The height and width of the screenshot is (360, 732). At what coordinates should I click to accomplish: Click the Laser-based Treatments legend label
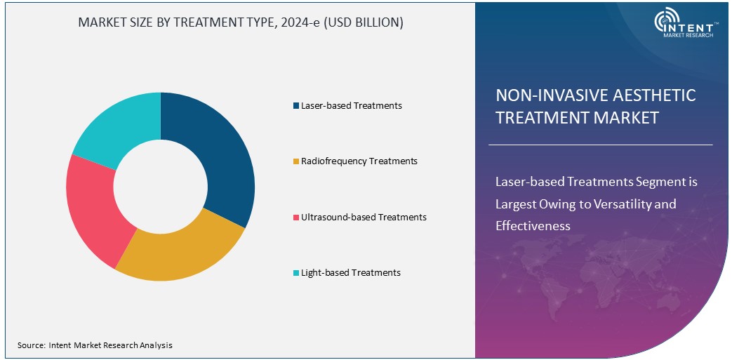[351, 105]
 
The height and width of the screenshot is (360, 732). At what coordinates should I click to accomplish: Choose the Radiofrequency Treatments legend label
[359, 161]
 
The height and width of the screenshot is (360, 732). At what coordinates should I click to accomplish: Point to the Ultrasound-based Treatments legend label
[364, 217]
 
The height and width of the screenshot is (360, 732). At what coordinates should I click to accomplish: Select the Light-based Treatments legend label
[350, 272]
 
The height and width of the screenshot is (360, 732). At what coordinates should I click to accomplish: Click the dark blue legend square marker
[296, 106]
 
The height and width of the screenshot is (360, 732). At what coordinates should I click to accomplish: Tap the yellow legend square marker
[296, 161]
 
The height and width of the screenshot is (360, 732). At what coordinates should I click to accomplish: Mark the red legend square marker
[296, 218]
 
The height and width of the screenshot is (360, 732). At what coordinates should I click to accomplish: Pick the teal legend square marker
[296, 273]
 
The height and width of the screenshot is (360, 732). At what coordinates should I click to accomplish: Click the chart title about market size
[241, 22]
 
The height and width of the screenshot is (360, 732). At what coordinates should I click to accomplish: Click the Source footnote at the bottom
[95, 345]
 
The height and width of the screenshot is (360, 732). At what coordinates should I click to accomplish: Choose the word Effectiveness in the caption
[533, 226]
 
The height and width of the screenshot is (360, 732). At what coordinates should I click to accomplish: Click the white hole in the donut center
[161, 186]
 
